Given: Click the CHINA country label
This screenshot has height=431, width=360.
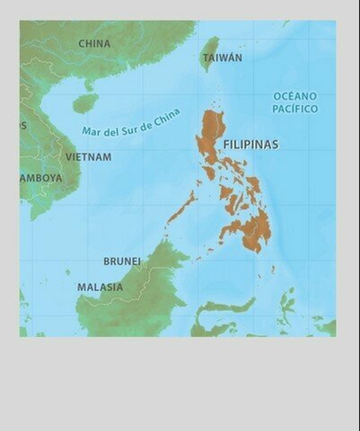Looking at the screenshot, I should (x=94, y=43).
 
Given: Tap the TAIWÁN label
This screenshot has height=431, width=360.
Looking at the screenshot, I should (x=222, y=57).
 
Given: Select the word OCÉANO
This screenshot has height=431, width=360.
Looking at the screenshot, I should (x=295, y=96).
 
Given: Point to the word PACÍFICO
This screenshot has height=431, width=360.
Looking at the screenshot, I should (x=295, y=109).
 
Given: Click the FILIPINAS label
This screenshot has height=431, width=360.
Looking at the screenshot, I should (x=250, y=144).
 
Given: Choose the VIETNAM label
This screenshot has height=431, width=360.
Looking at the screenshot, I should (x=88, y=157).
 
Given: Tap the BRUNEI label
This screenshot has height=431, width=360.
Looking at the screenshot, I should (x=122, y=261).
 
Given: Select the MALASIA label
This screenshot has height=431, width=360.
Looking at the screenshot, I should (x=100, y=287).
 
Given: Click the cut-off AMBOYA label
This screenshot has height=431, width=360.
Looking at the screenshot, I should (x=41, y=178).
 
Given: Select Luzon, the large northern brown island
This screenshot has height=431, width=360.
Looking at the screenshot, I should (x=213, y=135).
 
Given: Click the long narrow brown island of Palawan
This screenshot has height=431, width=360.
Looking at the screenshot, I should (x=183, y=207).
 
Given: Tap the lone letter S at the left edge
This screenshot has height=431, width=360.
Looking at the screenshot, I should (x=23, y=126).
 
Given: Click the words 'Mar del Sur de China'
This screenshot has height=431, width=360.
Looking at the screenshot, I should (x=131, y=123).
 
